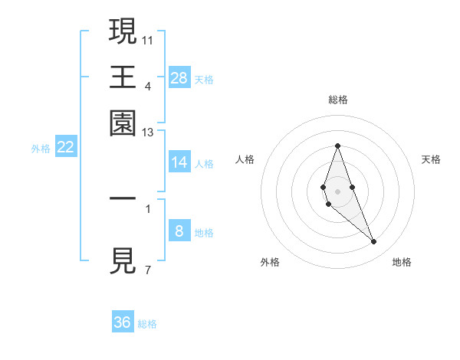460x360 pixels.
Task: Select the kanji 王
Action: [x=123, y=77]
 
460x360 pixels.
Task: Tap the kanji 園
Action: [x=123, y=123]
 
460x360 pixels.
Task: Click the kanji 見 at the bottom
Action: [x=123, y=261]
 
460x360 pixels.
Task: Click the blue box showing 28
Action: [x=179, y=78]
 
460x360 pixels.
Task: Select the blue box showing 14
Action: [x=179, y=162]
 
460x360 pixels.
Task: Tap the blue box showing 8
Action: [x=179, y=231]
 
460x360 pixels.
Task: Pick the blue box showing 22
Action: [x=65, y=148]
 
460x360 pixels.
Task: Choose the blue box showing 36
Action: [x=123, y=322]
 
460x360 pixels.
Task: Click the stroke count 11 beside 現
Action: [x=148, y=38]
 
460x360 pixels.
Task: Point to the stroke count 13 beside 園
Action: [x=148, y=133]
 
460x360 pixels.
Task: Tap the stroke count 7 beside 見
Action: [x=147, y=270]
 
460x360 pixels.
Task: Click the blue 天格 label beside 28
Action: [x=204, y=79]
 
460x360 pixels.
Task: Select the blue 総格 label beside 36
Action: [x=147, y=324]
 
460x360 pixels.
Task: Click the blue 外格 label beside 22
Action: [x=41, y=149]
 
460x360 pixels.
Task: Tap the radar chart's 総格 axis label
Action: [x=337, y=100]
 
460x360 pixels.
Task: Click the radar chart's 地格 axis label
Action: [x=402, y=262]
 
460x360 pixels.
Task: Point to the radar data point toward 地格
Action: [x=374, y=242]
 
